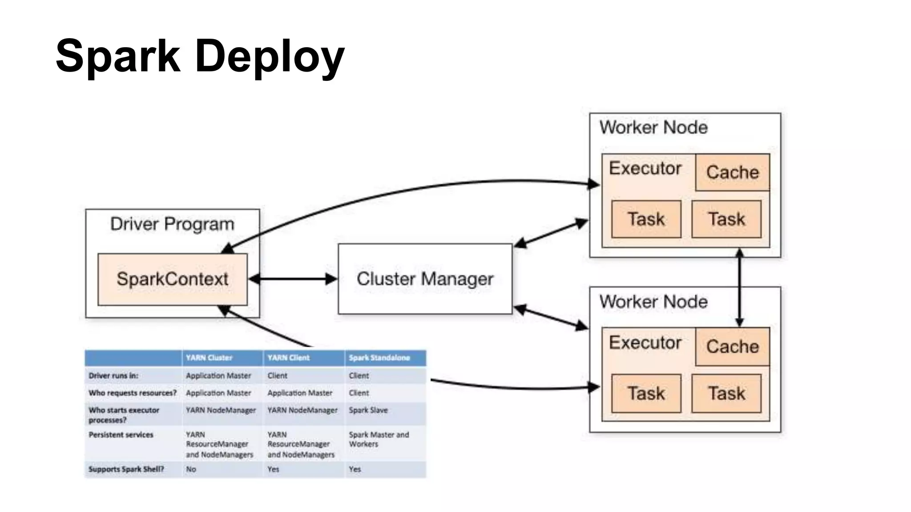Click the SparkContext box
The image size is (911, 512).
(x=172, y=279)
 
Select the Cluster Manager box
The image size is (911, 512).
(x=425, y=279)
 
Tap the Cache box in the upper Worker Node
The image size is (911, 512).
(x=732, y=172)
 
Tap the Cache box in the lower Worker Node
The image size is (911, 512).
(x=732, y=347)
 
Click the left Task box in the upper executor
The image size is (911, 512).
(x=646, y=219)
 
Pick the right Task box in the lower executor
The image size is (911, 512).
(x=726, y=393)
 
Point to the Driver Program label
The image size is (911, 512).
(x=172, y=224)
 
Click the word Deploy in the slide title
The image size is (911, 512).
(x=270, y=56)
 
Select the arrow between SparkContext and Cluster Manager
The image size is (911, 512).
(x=293, y=279)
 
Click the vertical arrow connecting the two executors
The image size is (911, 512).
(x=739, y=288)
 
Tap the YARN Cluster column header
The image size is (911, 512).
(x=209, y=358)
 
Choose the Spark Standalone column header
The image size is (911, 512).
(x=379, y=358)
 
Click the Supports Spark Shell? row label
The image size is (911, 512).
(x=126, y=469)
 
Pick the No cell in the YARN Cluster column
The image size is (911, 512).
(x=191, y=469)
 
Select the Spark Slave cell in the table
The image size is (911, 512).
(x=368, y=410)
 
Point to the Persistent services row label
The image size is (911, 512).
(x=121, y=435)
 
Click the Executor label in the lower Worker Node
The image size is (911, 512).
(x=645, y=343)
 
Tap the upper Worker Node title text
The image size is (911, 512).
(x=653, y=128)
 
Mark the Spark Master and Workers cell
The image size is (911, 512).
(x=378, y=439)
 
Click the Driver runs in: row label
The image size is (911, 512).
(x=113, y=376)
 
